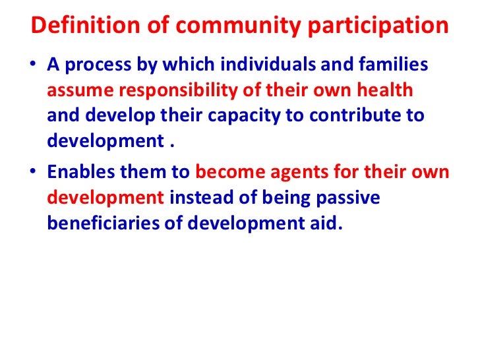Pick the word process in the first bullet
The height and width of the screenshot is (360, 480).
point(93,67)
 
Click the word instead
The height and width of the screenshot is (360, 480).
point(199,198)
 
